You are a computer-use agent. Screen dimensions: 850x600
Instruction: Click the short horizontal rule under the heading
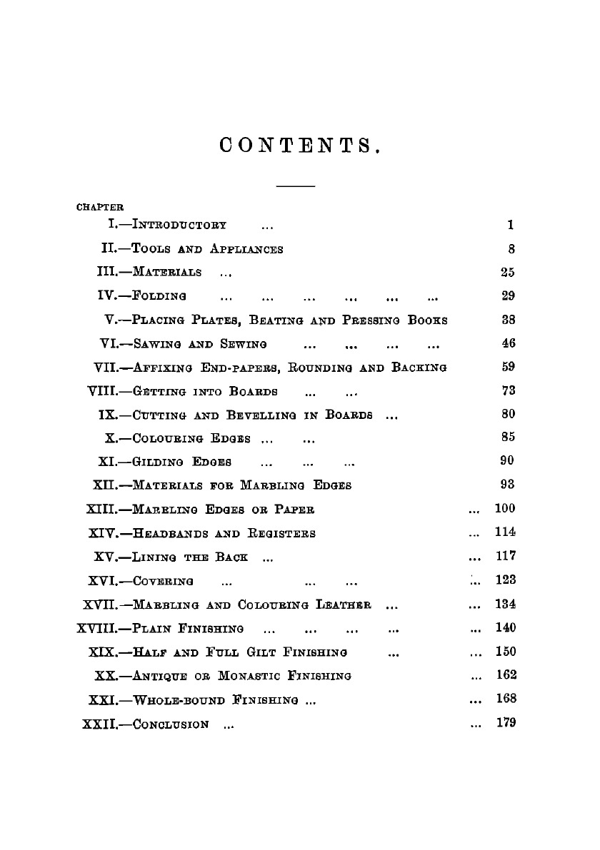point(295,187)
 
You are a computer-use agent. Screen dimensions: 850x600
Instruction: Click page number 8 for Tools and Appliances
point(511,249)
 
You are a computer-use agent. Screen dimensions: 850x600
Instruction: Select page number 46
point(509,343)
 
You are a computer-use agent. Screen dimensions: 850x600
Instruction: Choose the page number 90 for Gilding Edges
point(508,461)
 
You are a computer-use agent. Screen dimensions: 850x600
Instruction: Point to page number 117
point(506,556)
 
